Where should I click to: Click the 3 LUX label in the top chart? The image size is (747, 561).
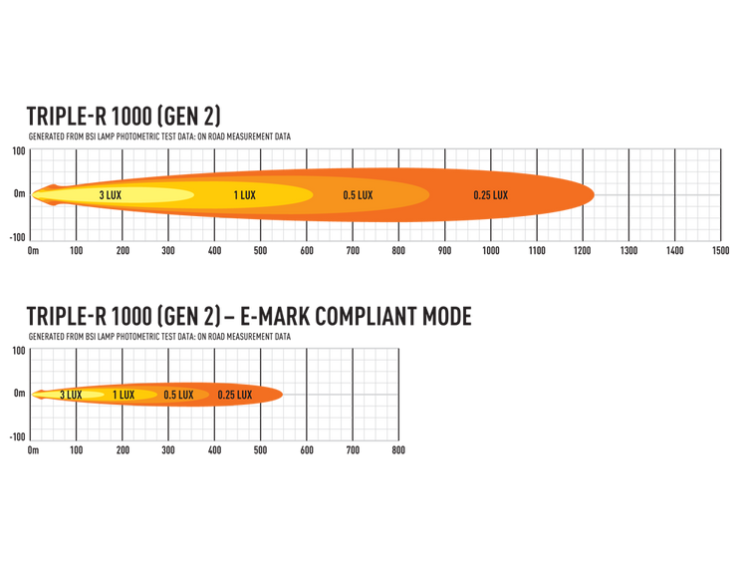click(x=110, y=195)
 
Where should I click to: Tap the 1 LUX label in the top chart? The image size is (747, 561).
click(x=244, y=195)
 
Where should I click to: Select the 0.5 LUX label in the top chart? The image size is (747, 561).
click(x=358, y=195)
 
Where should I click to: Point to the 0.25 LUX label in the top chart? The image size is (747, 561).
click(x=491, y=195)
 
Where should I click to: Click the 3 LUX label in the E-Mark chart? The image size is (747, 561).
click(x=71, y=395)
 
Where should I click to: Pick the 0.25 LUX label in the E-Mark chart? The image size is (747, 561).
click(x=235, y=395)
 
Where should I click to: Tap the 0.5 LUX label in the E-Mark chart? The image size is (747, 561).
click(x=178, y=395)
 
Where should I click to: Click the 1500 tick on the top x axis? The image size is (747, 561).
click(x=721, y=251)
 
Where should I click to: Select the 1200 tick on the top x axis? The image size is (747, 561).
click(x=583, y=251)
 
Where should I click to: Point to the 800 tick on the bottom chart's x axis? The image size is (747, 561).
click(x=398, y=450)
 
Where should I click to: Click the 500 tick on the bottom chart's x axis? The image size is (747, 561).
click(x=260, y=450)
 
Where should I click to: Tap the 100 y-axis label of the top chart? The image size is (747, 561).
click(x=19, y=151)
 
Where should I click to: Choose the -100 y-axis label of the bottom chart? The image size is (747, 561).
click(x=17, y=437)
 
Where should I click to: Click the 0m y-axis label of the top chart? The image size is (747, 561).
click(x=20, y=193)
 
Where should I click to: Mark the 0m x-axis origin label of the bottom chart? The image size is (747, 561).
click(x=33, y=450)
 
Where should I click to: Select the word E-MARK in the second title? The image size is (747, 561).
click(x=275, y=316)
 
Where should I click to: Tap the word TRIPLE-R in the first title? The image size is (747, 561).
click(x=67, y=117)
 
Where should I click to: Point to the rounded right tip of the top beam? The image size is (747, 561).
click(x=594, y=194)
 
